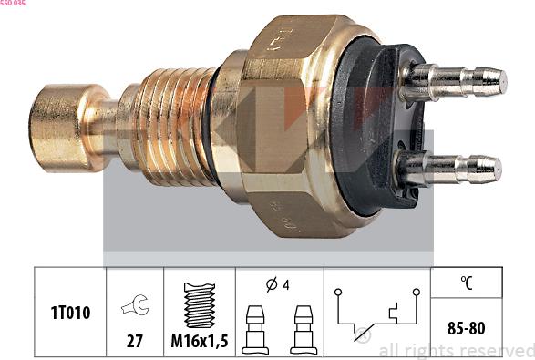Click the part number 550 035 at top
[x=13, y=3]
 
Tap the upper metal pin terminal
[x=453, y=82]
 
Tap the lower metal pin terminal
[x=448, y=169]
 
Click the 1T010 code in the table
[x=70, y=313]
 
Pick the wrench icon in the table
[x=135, y=304]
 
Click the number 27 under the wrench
[x=134, y=341]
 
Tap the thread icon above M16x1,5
[x=200, y=305]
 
